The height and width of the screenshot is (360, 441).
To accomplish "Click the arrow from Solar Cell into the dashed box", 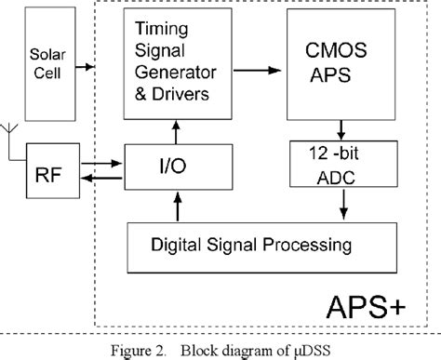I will [87, 66].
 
